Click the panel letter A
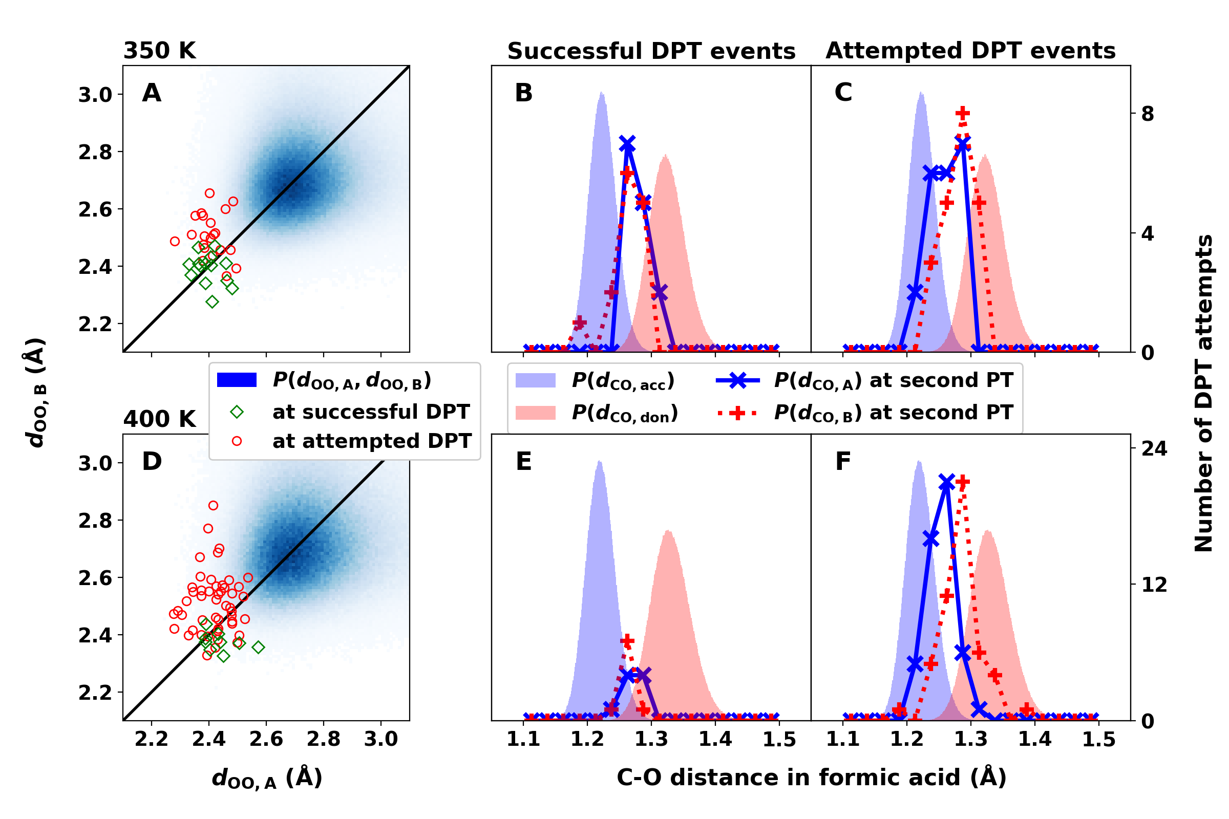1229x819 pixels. (x=152, y=93)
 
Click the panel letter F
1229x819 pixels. (x=843, y=462)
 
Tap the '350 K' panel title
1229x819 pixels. (x=159, y=51)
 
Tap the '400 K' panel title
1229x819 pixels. (x=159, y=419)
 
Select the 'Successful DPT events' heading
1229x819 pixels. (x=651, y=51)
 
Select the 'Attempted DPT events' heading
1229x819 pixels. (x=970, y=51)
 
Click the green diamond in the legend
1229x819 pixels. (x=237, y=412)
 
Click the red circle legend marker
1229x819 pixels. (x=237, y=441)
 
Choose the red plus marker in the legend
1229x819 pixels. (x=737, y=414)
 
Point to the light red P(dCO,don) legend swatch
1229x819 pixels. (x=535, y=413)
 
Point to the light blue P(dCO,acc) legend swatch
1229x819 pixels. (x=535, y=380)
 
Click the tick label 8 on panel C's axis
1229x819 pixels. (x=1148, y=114)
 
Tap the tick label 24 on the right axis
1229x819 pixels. (x=1154, y=449)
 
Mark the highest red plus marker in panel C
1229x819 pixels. (x=963, y=113)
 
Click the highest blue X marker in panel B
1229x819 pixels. (x=627, y=144)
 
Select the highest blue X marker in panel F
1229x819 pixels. (x=946, y=484)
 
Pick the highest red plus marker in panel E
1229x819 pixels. (x=627, y=641)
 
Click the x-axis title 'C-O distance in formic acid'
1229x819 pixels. (x=811, y=777)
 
